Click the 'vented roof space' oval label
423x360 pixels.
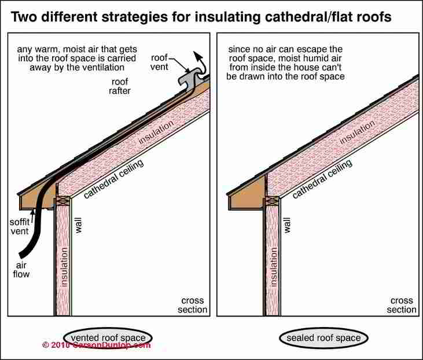click(x=108, y=337)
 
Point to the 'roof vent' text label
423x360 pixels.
click(x=160, y=62)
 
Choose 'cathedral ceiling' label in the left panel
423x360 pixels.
click(x=113, y=179)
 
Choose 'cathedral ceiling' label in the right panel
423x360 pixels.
click(x=322, y=179)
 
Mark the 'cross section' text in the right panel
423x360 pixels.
click(x=402, y=305)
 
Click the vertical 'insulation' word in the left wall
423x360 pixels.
click(x=64, y=270)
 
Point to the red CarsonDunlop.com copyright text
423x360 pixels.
click(x=96, y=345)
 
